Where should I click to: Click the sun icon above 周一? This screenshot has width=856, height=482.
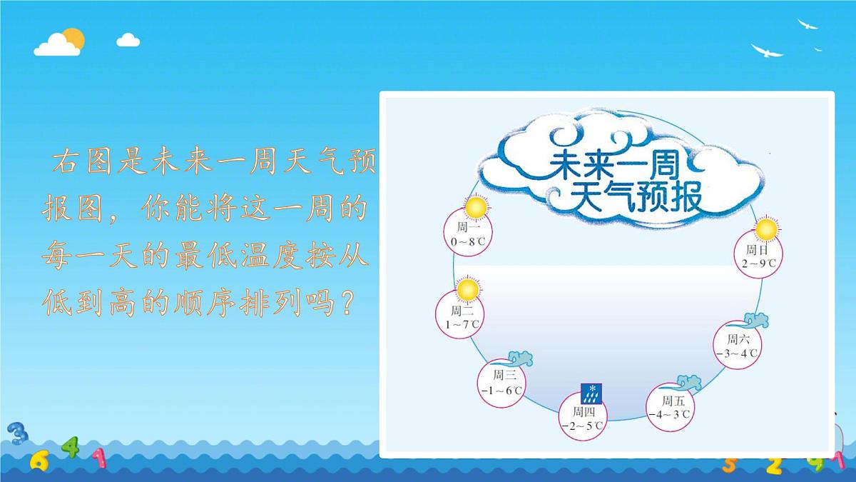point(476,208)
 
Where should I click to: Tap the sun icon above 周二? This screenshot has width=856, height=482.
point(467,290)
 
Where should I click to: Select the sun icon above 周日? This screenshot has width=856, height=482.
point(765,230)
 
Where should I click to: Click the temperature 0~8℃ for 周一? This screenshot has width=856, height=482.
point(468,242)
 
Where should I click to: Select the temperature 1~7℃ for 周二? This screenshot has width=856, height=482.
point(462,324)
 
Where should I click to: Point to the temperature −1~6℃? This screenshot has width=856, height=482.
point(501,390)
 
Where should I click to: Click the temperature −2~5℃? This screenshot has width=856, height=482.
point(582,426)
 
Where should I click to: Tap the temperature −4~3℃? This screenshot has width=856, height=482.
point(669,414)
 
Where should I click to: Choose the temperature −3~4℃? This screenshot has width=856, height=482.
point(737,353)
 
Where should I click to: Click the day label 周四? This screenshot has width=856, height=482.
point(584,411)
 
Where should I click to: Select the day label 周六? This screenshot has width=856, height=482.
point(738,338)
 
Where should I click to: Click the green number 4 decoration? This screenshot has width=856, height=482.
point(69,448)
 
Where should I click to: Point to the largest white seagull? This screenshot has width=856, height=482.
point(766,51)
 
